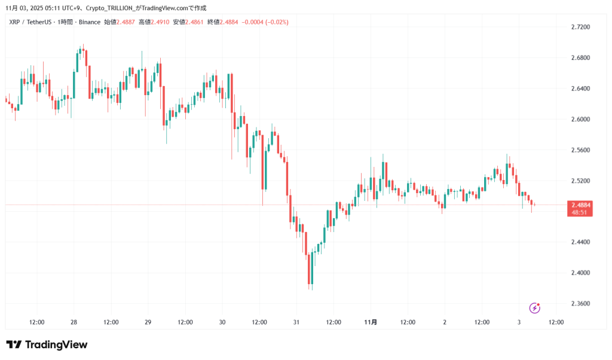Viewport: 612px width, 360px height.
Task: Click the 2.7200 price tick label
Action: [x=580, y=28]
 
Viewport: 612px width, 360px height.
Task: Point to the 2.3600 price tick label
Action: [x=580, y=304]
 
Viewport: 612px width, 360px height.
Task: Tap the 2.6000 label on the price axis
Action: [x=580, y=120]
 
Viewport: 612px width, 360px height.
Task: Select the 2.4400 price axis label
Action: [x=580, y=242]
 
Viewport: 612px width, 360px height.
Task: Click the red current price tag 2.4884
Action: [x=580, y=205]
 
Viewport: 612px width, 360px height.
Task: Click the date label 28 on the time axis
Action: [x=74, y=322]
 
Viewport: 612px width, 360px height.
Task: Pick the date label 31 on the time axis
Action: [x=296, y=322]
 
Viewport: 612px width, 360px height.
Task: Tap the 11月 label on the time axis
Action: [x=371, y=322]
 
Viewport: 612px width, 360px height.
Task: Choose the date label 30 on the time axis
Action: [x=222, y=322]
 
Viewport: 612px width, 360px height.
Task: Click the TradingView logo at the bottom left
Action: [x=47, y=345]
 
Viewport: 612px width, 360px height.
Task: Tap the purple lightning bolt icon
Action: [x=535, y=308]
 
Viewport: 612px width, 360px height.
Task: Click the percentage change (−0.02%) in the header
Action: [x=276, y=22]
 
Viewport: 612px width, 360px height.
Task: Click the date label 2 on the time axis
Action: [x=445, y=322]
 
